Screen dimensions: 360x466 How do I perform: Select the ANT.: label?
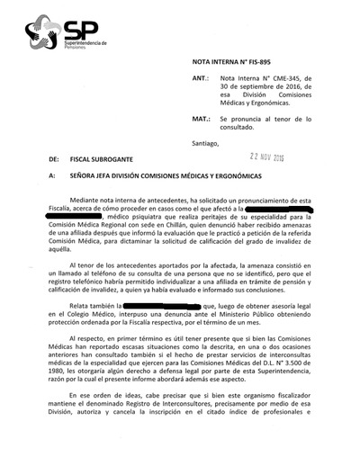click(203, 79)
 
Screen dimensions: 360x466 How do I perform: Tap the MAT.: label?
click(203, 118)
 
